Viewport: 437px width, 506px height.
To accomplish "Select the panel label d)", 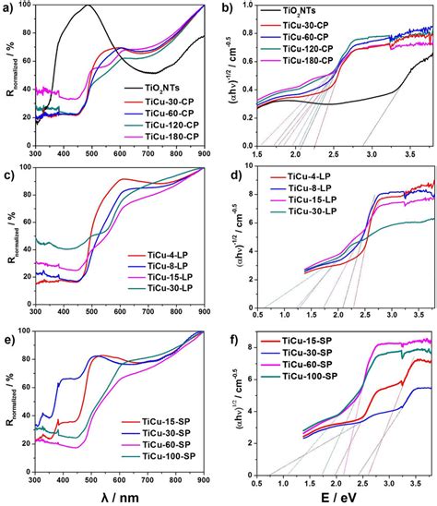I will tap(230, 175).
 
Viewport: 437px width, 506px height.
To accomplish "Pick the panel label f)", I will tap(230, 342).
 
